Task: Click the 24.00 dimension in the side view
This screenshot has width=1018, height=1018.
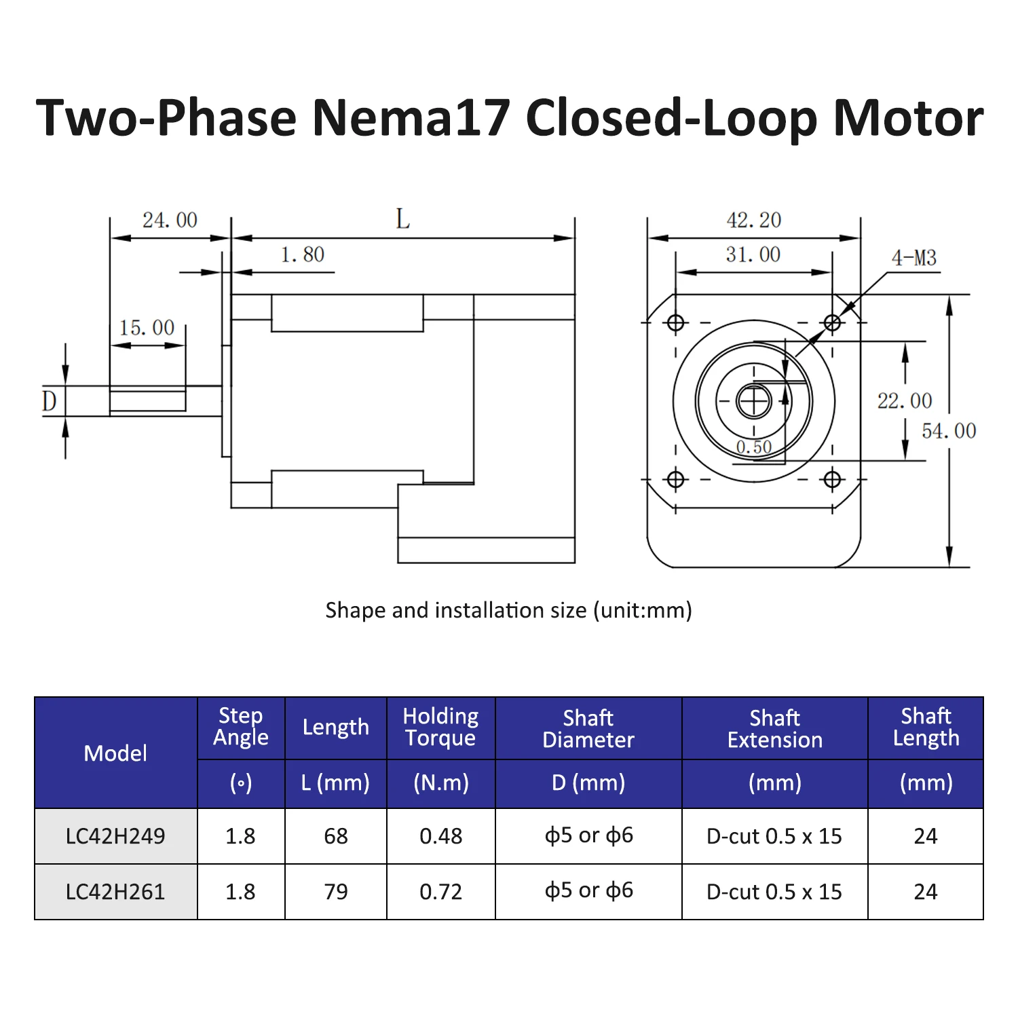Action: (170, 220)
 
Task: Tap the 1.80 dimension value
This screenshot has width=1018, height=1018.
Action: (303, 254)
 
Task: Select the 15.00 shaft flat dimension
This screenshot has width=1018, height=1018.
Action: (147, 328)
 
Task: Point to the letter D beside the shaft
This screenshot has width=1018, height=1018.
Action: (50, 400)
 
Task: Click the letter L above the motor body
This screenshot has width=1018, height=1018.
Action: (403, 219)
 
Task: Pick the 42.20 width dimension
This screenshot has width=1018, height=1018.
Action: (753, 220)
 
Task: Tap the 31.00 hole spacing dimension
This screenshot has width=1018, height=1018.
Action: (753, 254)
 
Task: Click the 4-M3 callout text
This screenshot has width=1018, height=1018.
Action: (913, 258)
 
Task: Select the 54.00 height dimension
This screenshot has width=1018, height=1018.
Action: (949, 430)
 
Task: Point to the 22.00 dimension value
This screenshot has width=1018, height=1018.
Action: (905, 400)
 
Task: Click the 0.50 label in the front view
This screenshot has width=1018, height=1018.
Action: (754, 447)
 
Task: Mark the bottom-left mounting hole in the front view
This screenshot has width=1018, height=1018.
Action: (675, 480)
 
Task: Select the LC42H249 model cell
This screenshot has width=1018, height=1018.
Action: (115, 835)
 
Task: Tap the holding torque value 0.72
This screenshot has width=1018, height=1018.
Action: (440, 891)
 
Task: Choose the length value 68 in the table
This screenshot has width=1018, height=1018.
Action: (336, 835)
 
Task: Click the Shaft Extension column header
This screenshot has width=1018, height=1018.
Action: (774, 728)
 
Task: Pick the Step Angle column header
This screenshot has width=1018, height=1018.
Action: (241, 726)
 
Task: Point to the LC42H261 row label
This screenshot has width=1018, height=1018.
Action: (115, 891)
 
